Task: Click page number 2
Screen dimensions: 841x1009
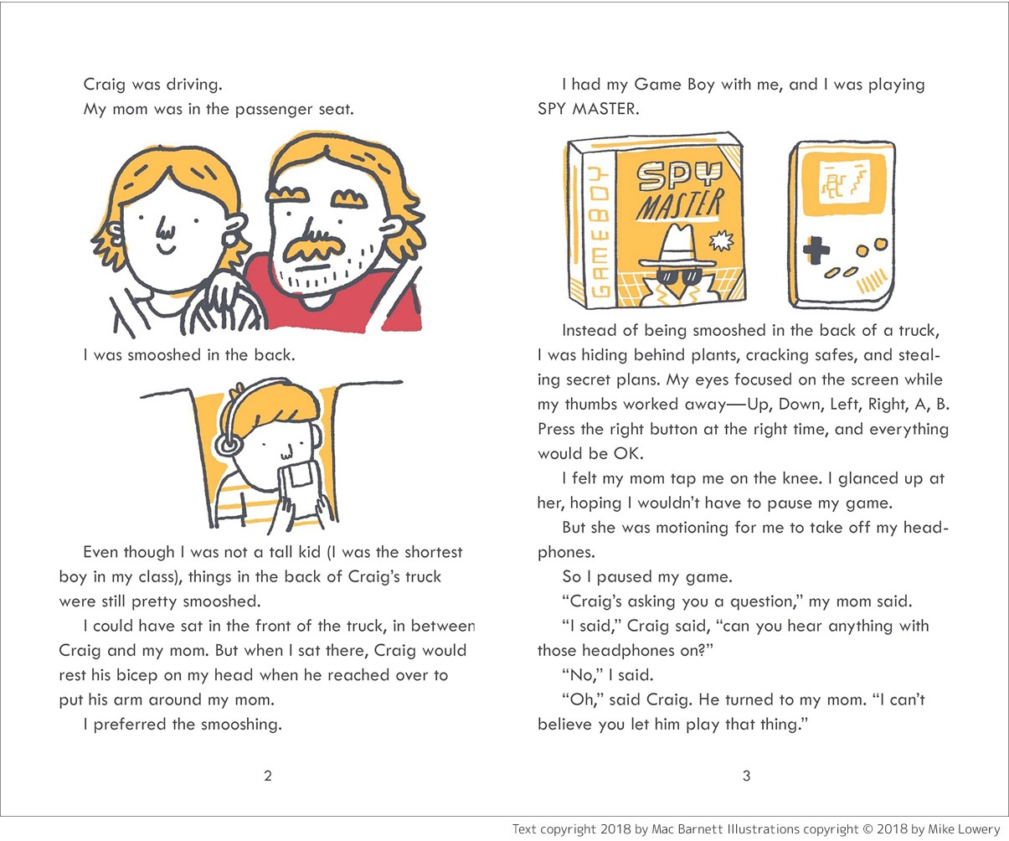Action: pos(268,776)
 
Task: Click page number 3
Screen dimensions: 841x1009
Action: pos(747,776)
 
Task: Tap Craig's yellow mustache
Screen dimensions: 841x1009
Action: pos(315,249)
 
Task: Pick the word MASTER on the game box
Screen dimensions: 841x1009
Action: pos(679,206)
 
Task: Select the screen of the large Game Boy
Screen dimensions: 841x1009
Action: pos(843,182)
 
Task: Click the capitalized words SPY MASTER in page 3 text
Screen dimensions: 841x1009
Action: pos(588,109)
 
